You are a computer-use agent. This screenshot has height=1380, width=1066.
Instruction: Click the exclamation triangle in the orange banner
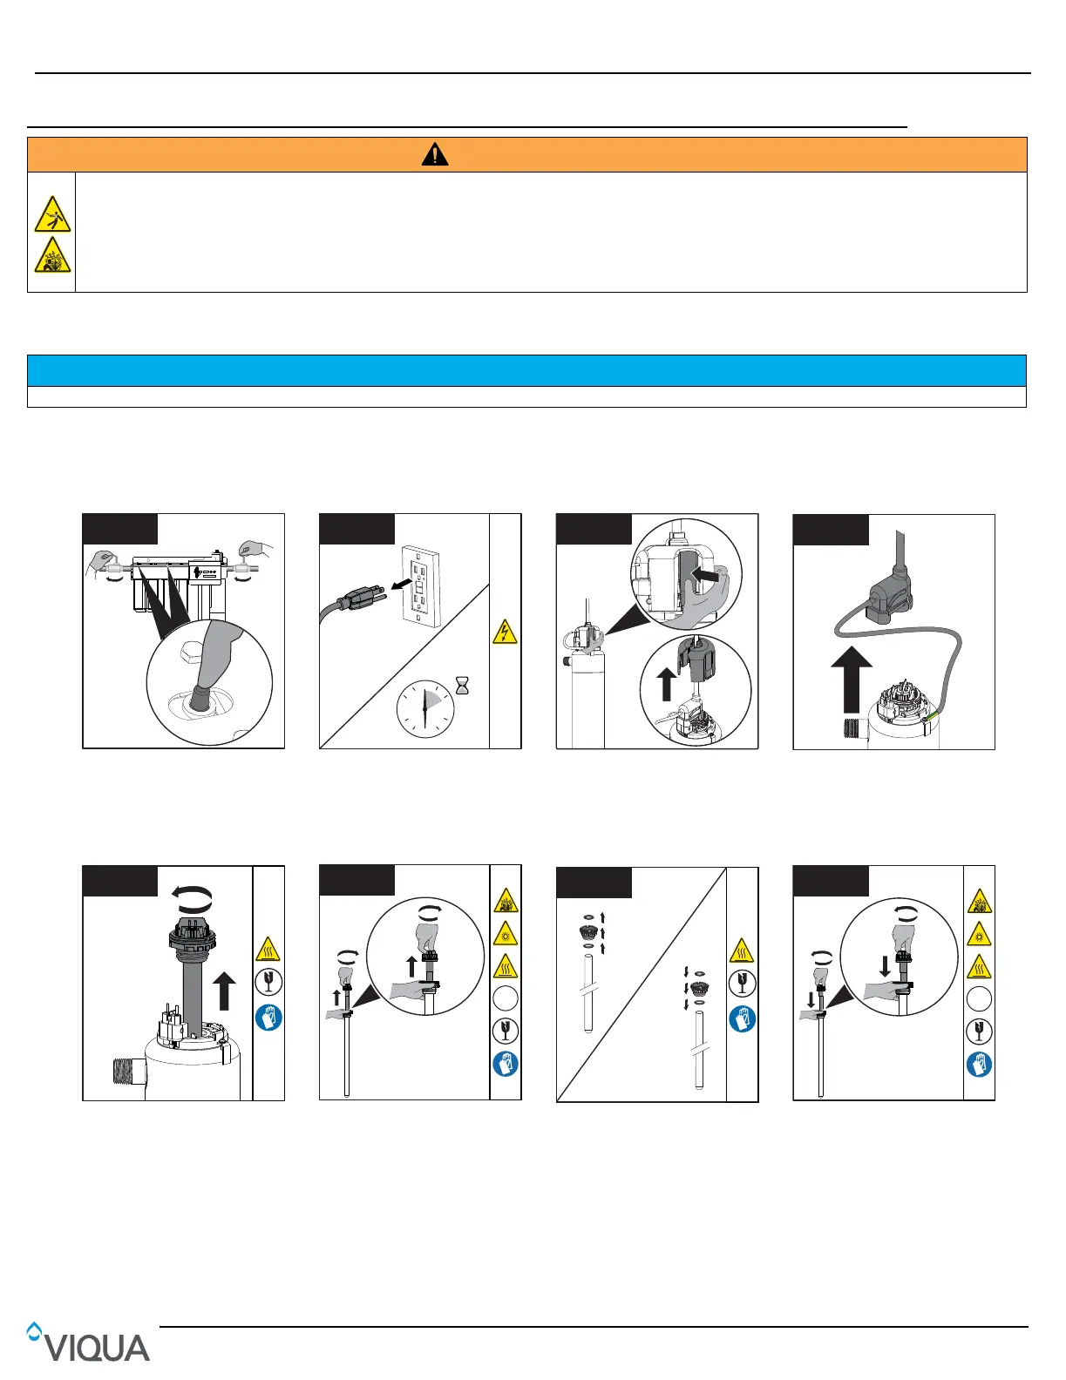[435, 154]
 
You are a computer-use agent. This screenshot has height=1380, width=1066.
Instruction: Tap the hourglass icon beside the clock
[463, 686]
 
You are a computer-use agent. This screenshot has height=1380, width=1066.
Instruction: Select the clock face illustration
[425, 709]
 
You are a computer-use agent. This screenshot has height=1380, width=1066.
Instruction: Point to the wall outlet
[421, 586]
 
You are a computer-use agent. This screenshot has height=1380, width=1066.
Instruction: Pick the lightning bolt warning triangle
[505, 632]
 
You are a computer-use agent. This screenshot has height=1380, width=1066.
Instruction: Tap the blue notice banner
[526, 371]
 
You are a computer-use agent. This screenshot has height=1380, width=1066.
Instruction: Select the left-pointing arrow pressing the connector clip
[705, 576]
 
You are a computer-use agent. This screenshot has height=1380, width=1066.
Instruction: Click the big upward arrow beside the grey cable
[852, 680]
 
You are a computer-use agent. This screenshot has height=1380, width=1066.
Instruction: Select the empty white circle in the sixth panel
[506, 998]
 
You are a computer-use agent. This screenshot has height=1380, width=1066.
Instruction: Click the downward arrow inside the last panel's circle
[885, 966]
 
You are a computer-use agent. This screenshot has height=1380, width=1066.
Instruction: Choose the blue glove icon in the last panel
[979, 1065]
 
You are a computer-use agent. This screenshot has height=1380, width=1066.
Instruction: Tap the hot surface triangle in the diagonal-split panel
[742, 950]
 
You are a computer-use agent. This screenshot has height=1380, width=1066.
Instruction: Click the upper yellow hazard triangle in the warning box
[52, 214]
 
